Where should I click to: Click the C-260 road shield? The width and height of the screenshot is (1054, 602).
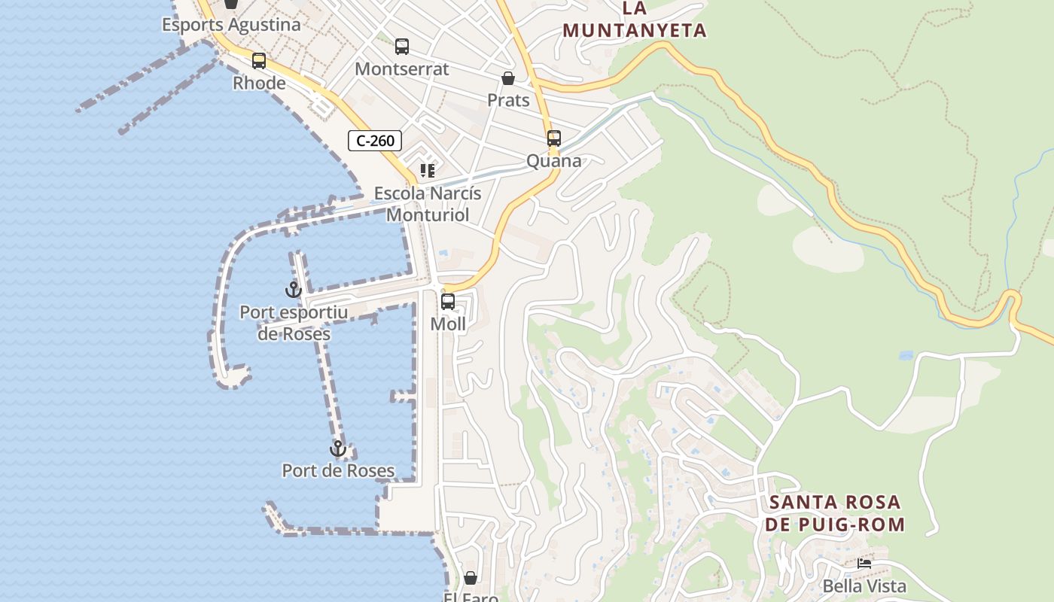[375, 141]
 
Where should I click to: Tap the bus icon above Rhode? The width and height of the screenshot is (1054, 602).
[259, 61]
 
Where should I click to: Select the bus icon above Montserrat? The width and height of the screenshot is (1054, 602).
[402, 47]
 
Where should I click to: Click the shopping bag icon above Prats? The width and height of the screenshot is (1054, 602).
[508, 78]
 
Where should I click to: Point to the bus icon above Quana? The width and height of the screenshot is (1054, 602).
[554, 138]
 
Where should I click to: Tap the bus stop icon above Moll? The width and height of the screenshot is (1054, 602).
[448, 302]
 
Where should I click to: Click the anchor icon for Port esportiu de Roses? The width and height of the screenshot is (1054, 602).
[294, 289]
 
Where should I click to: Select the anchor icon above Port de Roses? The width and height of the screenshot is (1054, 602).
[338, 448]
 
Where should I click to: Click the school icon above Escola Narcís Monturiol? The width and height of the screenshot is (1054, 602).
[428, 171]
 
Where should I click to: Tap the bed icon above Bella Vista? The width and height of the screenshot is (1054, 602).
[864, 563]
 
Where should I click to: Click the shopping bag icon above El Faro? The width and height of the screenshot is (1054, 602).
[471, 578]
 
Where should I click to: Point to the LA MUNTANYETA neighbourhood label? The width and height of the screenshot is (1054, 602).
[635, 20]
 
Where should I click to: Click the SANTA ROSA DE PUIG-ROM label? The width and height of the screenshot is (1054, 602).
[835, 513]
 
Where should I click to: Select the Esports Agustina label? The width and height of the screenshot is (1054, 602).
[231, 25]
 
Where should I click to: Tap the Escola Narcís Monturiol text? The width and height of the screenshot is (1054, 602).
[428, 204]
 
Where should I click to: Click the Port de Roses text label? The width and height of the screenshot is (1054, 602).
[338, 471]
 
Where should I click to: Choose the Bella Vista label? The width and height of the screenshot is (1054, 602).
[864, 586]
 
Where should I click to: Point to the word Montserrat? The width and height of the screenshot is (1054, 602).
[402, 69]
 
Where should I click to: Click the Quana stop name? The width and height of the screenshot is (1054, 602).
[554, 161]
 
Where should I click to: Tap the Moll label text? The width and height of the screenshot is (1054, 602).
[448, 324]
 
